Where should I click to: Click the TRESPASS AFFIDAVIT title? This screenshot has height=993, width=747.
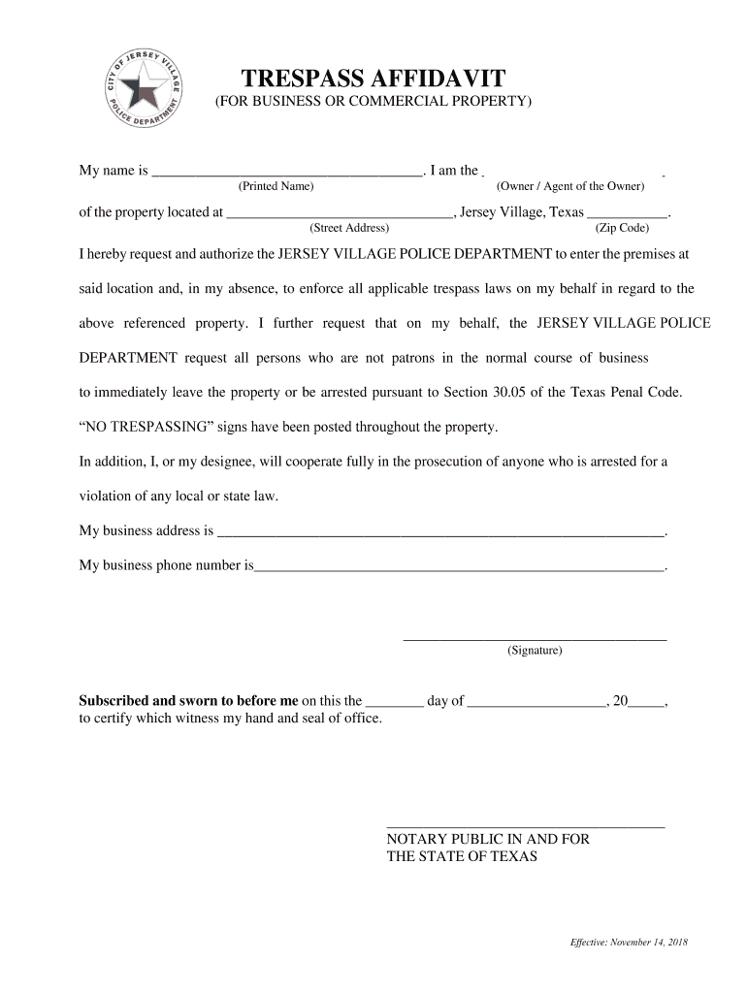pos(373,78)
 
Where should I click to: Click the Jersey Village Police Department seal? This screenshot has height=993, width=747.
pos(146,88)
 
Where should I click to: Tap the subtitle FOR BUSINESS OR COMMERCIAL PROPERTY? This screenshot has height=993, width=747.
pos(373,102)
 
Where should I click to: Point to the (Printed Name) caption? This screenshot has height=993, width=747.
pos(276,186)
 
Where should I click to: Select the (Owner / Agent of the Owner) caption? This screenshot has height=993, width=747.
pos(569,186)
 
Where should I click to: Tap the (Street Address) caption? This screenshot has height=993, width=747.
pos(348,229)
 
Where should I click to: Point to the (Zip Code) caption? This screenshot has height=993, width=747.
pos(622,229)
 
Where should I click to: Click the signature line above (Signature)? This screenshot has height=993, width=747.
pos(535,639)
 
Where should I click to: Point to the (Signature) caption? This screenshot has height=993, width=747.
pos(534,651)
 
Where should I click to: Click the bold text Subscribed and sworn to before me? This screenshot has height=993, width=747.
pos(188,701)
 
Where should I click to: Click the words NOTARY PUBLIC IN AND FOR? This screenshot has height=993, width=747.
pos(487,839)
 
